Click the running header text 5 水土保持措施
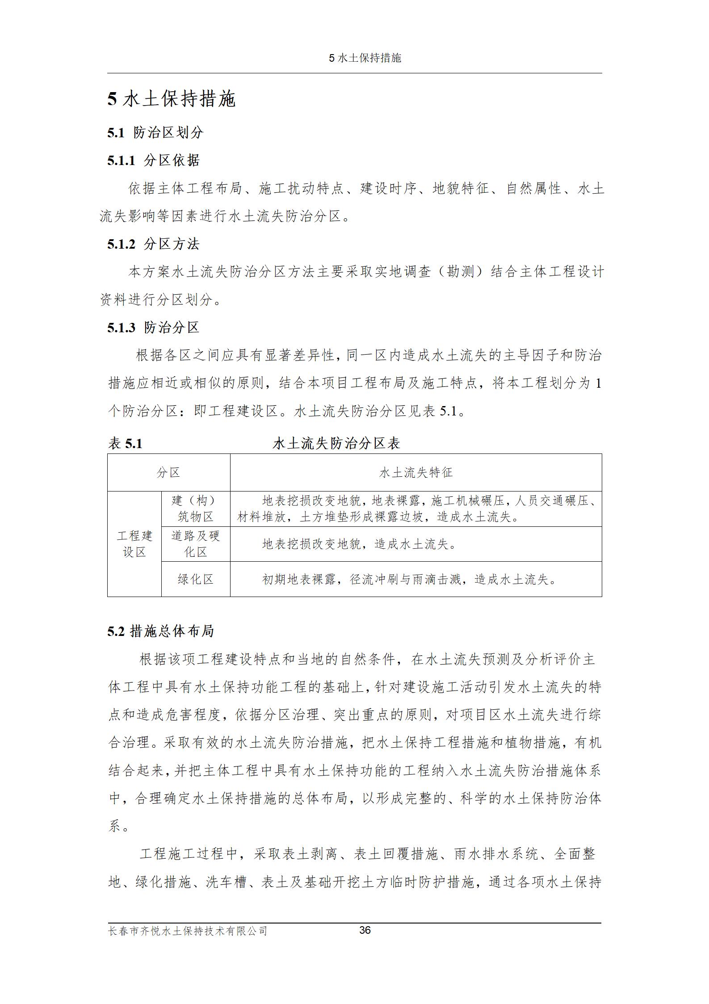365,58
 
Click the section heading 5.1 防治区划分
155,132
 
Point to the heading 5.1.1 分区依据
153,160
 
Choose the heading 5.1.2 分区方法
153,244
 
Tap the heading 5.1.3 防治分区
153,327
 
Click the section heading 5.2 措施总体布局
160,631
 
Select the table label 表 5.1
125,443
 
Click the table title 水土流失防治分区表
336,443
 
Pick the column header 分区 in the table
168,472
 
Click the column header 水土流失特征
415,472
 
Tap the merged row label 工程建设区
134,544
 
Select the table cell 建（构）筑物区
195,508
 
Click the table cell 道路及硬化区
195,544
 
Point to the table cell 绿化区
195,579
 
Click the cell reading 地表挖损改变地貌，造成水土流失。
359,544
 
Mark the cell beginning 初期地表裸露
409,580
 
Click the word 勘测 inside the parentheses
460,271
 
